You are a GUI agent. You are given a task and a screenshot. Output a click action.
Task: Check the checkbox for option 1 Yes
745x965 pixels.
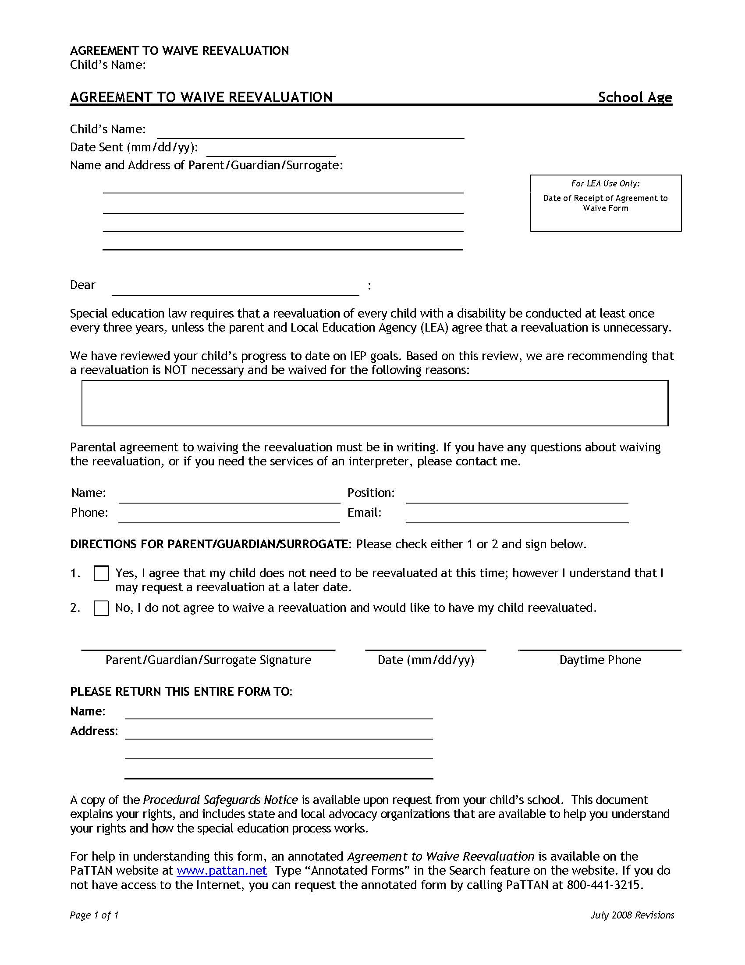pyautogui.click(x=101, y=574)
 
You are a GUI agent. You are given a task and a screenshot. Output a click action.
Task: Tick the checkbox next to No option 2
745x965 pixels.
pyautogui.click(x=101, y=608)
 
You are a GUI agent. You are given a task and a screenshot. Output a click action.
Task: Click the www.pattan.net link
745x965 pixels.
pyautogui.click(x=222, y=871)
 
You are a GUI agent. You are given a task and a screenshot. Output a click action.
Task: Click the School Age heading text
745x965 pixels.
pyautogui.click(x=635, y=97)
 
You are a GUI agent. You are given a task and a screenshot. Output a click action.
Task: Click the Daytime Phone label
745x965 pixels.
pyautogui.click(x=600, y=660)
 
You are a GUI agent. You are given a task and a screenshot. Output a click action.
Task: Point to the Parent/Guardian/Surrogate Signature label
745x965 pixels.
pyautogui.click(x=208, y=660)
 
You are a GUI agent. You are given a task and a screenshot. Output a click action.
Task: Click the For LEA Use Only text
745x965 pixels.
pyautogui.click(x=605, y=183)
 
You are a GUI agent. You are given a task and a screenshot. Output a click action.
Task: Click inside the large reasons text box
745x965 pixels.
pyautogui.click(x=375, y=403)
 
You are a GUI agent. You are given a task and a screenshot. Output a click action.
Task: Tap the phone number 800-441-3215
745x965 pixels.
pyautogui.click(x=603, y=885)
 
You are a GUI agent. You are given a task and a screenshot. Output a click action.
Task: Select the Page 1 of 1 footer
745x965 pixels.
pyautogui.click(x=94, y=915)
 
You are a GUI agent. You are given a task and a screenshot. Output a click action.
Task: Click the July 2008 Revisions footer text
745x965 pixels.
pyautogui.click(x=632, y=915)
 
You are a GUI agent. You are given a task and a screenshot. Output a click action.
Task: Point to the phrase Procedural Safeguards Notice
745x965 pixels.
pyautogui.click(x=220, y=800)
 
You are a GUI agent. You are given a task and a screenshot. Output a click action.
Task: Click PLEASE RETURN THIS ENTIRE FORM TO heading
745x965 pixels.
pyautogui.click(x=181, y=692)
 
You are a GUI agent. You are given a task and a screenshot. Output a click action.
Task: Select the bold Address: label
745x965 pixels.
pyautogui.click(x=94, y=731)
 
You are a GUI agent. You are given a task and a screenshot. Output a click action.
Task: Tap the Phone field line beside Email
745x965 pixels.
pyautogui.click(x=229, y=518)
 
